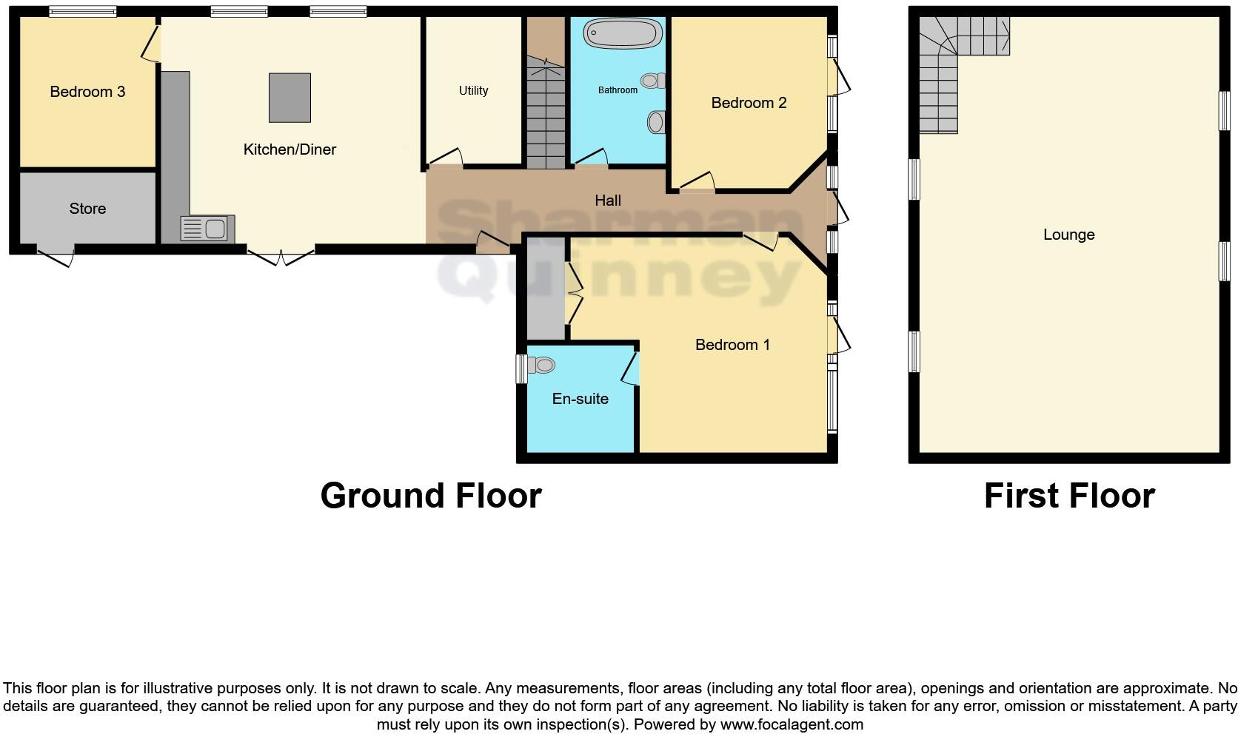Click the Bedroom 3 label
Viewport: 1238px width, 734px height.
point(87,92)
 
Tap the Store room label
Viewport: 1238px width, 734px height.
point(87,209)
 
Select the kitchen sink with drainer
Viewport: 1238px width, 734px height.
point(207,229)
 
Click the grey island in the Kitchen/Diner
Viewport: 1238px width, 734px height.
point(290,98)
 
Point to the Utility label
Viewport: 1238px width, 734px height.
point(473,90)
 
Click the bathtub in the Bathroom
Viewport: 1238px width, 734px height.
point(623,33)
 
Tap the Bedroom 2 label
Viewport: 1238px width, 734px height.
point(749,103)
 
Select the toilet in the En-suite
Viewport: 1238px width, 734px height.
point(542,365)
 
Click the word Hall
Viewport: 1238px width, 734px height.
point(608,201)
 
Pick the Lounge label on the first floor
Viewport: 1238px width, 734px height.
point(1068,235)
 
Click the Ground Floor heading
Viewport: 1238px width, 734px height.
point(431,495)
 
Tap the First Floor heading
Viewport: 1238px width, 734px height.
point(1068,495)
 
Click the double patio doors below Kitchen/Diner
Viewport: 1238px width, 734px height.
point(281,257)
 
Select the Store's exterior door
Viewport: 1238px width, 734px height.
point(56,257)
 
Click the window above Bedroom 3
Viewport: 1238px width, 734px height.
point(82,11)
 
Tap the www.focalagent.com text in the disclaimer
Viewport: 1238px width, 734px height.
point(791,724)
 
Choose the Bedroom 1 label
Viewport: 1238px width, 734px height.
point(732,345)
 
